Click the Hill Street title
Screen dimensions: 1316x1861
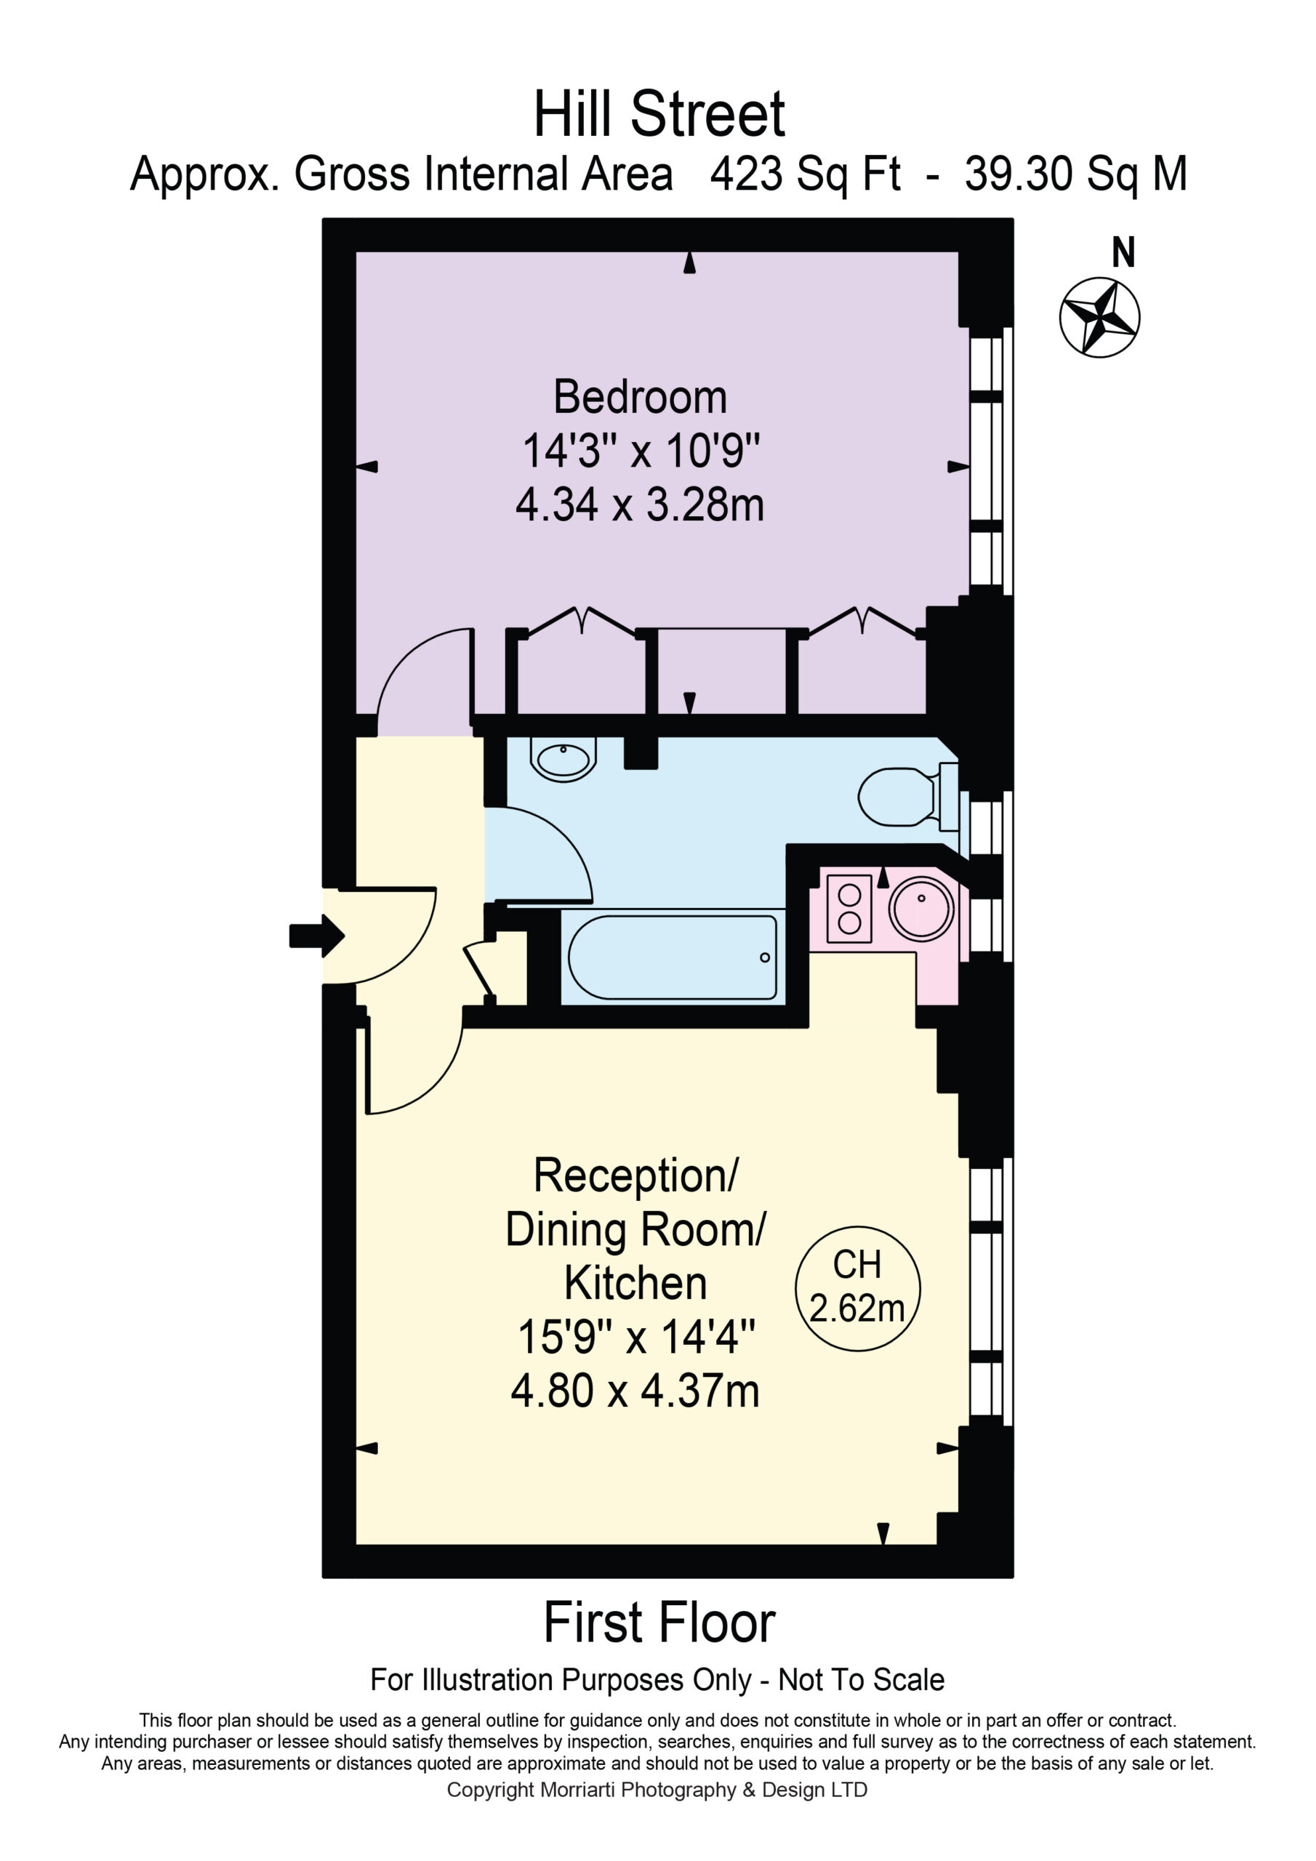pos(659,114)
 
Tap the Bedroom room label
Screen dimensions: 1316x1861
pos(640,397)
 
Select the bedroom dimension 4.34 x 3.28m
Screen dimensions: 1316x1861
pos(640,505)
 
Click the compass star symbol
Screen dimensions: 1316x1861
pos(1099,317)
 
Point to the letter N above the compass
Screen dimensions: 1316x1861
pos(1123,253)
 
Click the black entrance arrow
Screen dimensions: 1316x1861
pos(317,936)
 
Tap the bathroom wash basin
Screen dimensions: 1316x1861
pos(563,760)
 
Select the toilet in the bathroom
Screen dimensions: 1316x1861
pos(908,796)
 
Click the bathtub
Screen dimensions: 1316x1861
pos(673,957)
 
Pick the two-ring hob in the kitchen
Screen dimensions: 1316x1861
pos(849,909)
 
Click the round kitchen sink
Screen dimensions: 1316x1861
pos(921,909)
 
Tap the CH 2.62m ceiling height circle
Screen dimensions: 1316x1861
pos(857,1289)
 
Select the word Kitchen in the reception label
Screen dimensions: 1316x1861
pos(635,1283)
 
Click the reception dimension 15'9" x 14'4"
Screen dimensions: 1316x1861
pos(635,1337)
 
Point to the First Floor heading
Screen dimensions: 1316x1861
pos(659,1623)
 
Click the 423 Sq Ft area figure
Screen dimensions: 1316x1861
pos(805,174)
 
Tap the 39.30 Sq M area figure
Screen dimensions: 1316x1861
pos(1076,174)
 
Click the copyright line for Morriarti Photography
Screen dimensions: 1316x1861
pos(657,1790)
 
